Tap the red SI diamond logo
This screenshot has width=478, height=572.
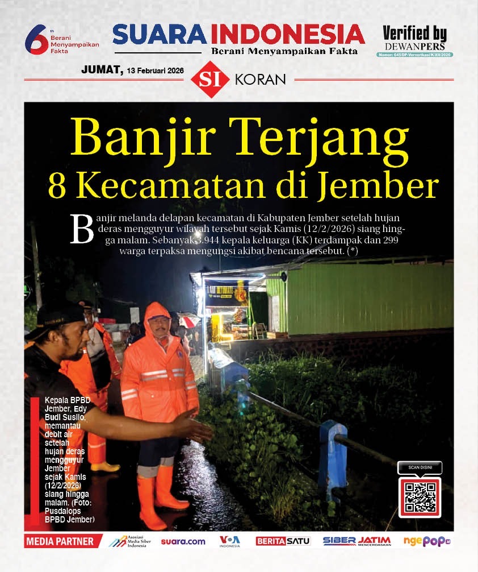coord(211,80)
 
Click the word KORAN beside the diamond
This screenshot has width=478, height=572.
coord(260,80)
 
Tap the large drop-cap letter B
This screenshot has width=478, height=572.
coord(81,230)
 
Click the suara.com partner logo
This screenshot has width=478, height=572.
coord(183,541)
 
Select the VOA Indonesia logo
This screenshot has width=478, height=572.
coord(230,541)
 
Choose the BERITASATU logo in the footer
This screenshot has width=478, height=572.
coord(283,541)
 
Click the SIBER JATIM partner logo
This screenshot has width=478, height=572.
coord(357,541)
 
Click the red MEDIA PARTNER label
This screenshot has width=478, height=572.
coord(60,541)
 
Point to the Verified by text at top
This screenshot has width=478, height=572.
coord(414,34)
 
